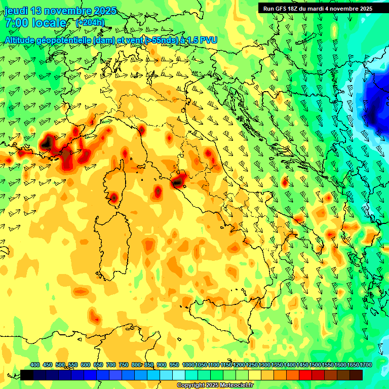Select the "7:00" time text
tap(16, 23)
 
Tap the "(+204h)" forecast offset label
tap(90, 23)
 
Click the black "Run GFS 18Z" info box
tap(317, 8)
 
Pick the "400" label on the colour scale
tap(35, 365)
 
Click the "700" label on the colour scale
tap(110, 365)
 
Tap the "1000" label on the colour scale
tap(188, 365)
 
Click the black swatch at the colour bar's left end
tap(27, 375)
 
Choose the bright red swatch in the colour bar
tap(305, 375)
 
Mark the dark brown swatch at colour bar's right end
tap(356, 375)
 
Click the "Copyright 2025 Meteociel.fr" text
tap(215, 385)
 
